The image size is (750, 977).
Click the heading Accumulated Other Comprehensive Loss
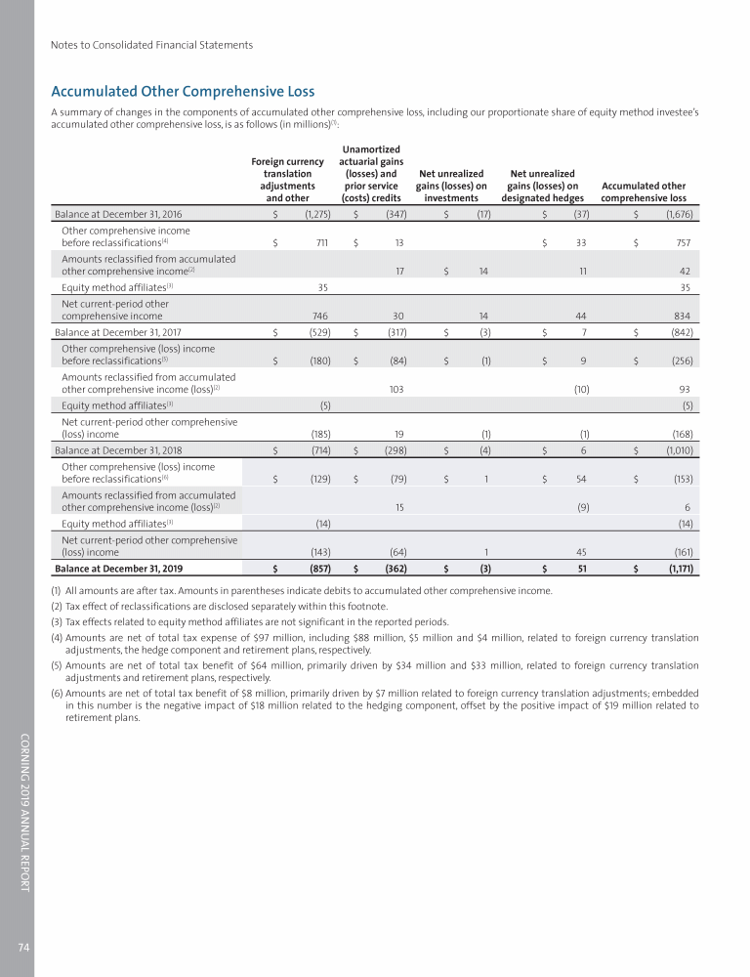(x=182, y=92)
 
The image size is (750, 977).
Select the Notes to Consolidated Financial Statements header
(x=151, y=45)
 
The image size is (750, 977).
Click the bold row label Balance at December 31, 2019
(x=121, y=567)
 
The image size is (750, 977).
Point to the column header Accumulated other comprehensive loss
(x=645, y=191)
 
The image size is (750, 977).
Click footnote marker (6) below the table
(x=59, y=694)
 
